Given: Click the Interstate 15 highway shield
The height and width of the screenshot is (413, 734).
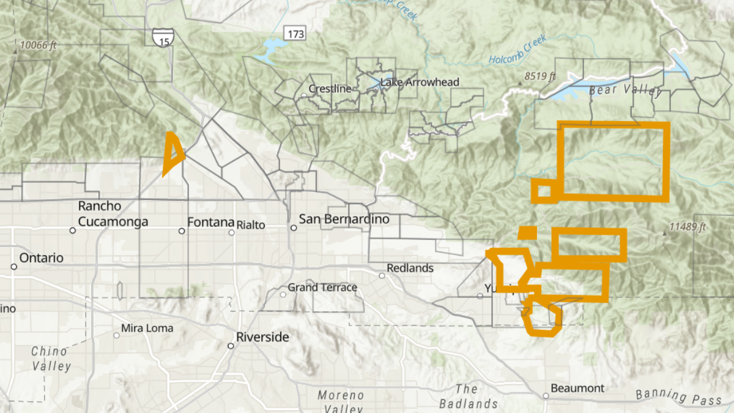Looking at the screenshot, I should tap(163, 36).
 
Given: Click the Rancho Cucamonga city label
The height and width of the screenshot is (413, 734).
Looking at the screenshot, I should tap(113, 214).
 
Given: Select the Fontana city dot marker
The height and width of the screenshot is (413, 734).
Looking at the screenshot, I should tap(182, 231).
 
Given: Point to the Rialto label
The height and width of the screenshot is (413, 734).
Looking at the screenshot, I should tap(251, 225).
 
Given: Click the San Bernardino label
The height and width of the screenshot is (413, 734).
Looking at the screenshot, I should tap(344, 219).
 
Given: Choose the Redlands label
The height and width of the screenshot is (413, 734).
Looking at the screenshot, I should tap(410, 268).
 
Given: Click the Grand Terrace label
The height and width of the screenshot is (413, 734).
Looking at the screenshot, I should tap(322, 287).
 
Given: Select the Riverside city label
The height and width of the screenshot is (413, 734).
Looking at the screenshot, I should tap(262, 337).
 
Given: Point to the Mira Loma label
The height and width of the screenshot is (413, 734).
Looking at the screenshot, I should tap(147, 328).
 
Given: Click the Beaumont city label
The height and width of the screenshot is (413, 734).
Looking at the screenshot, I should tap(577, 388).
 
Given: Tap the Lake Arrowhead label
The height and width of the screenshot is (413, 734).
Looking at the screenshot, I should tap(420, 82).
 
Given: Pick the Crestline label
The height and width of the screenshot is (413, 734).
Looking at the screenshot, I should tap(330, 89).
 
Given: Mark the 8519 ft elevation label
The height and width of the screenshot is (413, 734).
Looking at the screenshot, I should tap(539, 76).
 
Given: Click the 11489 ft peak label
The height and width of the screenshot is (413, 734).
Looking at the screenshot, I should tap(688, 227).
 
